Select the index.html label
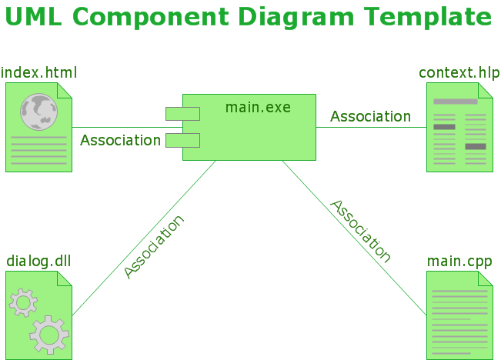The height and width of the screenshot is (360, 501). pos(39,73)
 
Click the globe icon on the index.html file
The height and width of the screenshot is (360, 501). pos(39,112)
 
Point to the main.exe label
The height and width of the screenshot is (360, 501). pos(258,107)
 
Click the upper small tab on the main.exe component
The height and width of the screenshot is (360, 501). pos(182,114)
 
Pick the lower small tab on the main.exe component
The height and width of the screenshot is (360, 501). pos(182,140)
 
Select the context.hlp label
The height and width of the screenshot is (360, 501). pos(459,73)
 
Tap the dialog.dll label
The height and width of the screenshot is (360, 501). pos(38,262)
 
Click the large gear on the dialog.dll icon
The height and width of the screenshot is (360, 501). pos(48,334)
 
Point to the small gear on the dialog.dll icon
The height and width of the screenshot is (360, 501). pos(23,303)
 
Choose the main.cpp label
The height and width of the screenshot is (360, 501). pos(459,262)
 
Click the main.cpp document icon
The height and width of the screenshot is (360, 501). pos(459,315)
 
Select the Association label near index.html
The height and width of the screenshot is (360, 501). pos(120,141)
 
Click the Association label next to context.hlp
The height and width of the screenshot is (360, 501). pos(370,117)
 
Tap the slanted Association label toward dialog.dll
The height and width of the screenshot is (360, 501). pos(154,246)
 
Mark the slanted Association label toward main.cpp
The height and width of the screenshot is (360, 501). pos(361,231)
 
